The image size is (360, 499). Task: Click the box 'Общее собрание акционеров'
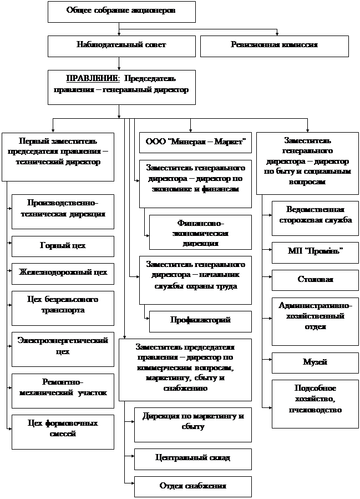point(121,11)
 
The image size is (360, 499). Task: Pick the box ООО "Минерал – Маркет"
point(195,142)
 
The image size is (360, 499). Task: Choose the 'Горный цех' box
point(63,246)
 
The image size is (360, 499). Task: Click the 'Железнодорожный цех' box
point(63,273)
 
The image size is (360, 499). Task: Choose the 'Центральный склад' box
point(193,458)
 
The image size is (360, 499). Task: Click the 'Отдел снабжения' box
point(193,486)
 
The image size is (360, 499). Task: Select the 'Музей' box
point(315,362)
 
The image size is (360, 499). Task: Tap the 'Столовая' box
point(315,280)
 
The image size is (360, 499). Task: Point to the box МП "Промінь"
point(315,253)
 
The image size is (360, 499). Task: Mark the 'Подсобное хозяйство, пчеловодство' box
point(315,403)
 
